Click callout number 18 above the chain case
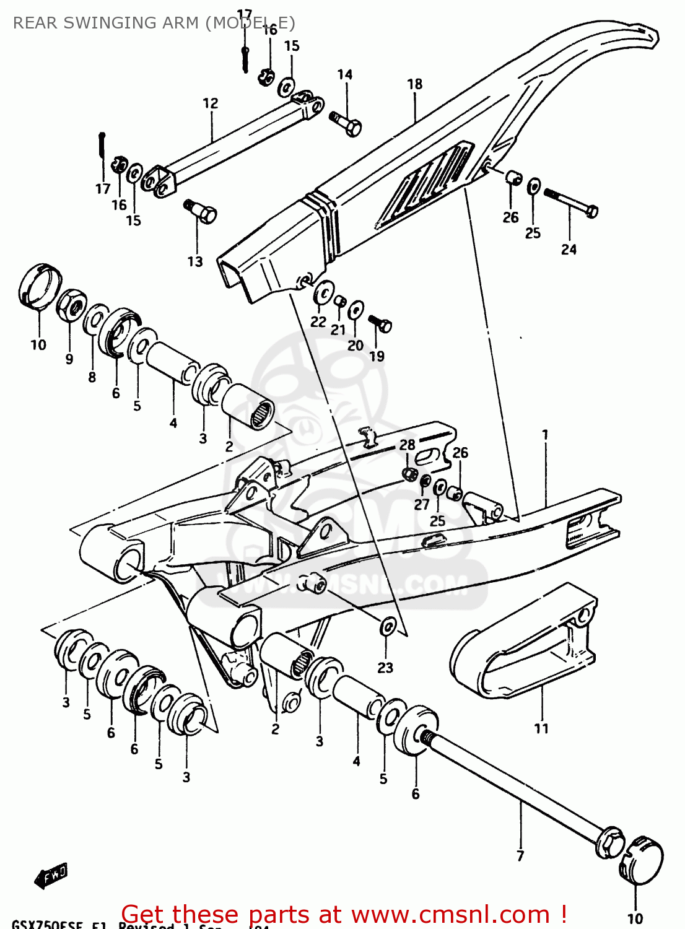[414, 84]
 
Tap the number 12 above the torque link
[211, 103]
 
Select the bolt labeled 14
[347, 123]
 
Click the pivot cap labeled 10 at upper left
[39, 285]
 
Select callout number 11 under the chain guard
[541, 728]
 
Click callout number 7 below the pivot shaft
[520, 856]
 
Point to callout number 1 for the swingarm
[545, 435]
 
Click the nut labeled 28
[409, 474]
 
